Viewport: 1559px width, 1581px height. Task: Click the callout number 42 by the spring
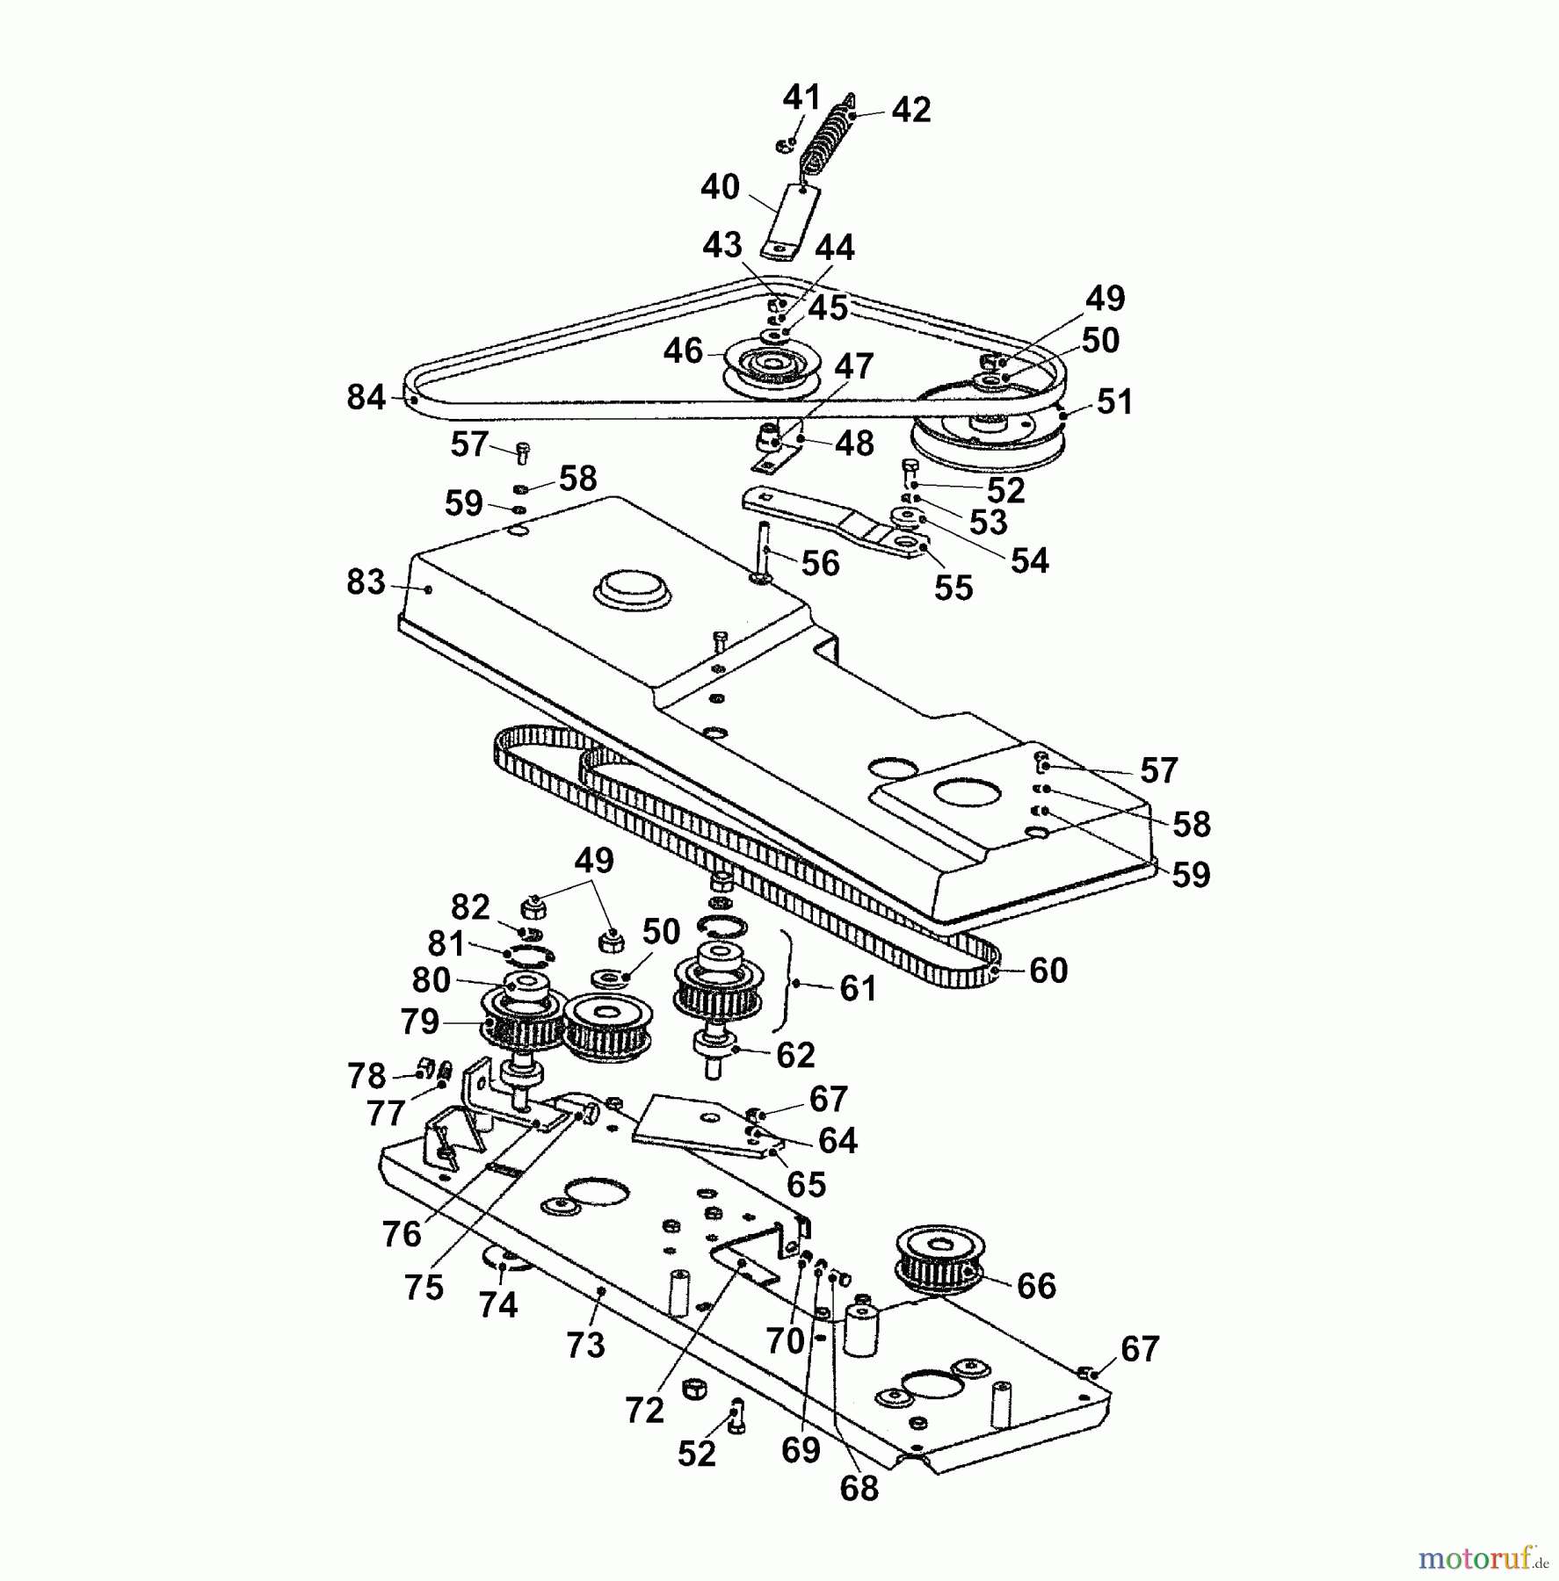pos(910,110)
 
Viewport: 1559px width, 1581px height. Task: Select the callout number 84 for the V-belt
pos(366,397)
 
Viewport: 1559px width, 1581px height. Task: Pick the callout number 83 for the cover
pos(366,581)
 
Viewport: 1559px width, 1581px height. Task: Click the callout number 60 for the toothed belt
pos(1048,970)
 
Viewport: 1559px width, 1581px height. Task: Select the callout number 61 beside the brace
pos(858,988)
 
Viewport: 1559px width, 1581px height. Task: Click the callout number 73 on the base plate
pos(585,1345)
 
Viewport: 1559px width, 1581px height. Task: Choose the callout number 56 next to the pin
pos(820,563)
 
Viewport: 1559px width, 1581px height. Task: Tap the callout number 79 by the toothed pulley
pos(419,1021)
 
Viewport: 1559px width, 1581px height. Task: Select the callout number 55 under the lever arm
pos(954,588)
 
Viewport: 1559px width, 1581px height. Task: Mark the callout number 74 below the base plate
pos(497,1304)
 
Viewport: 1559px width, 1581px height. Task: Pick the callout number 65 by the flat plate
pos(806,1184)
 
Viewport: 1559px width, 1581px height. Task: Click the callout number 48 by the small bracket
pos(854,444)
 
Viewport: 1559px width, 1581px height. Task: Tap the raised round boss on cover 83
pos(632,586)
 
